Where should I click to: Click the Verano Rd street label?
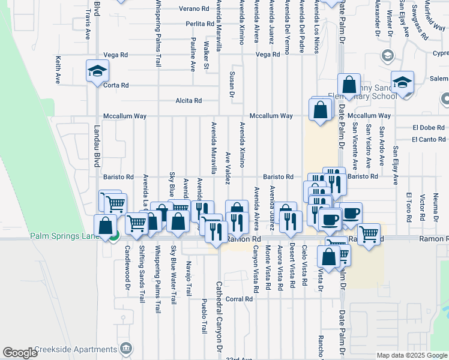click(x=197, y=9)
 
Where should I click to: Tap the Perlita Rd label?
click(x=200, y=24)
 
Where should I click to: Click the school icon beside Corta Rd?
click(x=96, y=71)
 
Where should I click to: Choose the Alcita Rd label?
click(x=188, y=101)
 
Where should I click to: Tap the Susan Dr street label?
click(x=232, y=84)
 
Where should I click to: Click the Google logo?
click(x=20, y=353)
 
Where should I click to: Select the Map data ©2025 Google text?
click(x=411, y=355)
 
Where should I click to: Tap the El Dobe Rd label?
click(x=429, y=127)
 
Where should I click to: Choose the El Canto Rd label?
click(x=429, y=139)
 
